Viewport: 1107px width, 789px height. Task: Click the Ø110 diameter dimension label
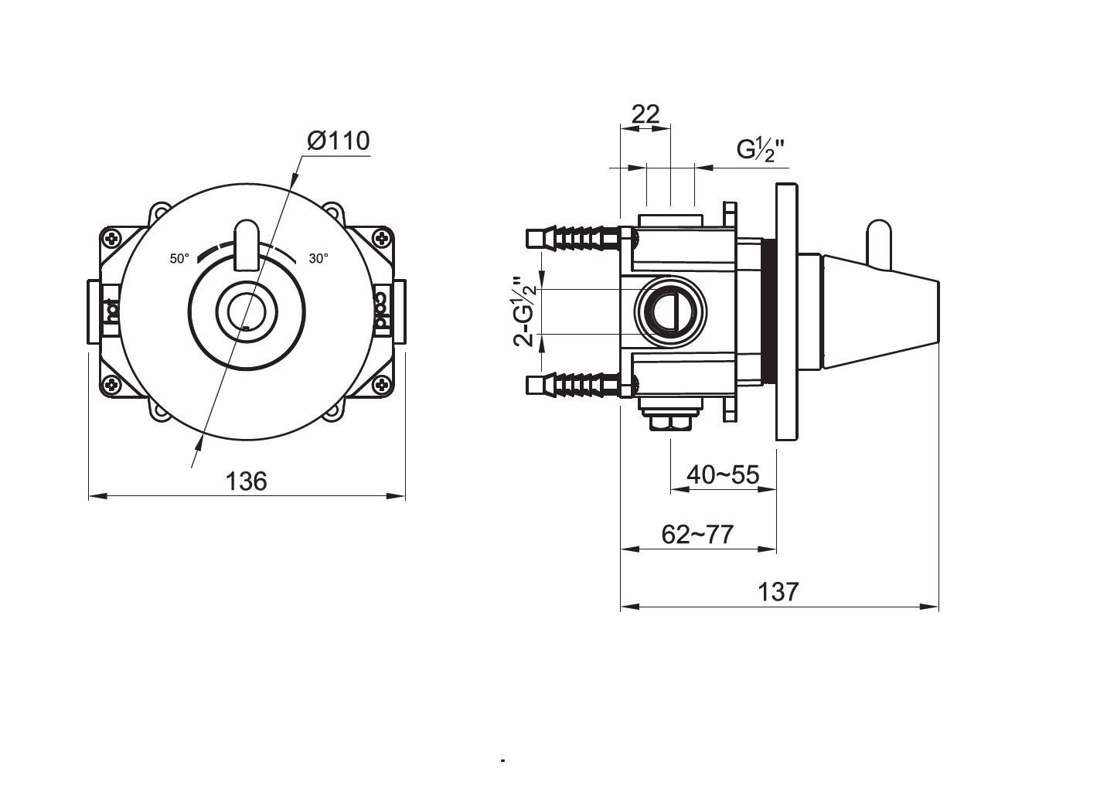point(338,141)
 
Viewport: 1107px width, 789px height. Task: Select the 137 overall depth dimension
point(778,592)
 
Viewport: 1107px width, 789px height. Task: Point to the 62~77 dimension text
point(697,534)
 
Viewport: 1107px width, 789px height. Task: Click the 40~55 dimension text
point(723,474)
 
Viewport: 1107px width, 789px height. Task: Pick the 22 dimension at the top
point(645,114)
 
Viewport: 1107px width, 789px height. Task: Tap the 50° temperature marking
point(179,259)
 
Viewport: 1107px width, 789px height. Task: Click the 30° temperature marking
point(318,259)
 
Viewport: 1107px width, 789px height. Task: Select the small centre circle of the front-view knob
point(247,312)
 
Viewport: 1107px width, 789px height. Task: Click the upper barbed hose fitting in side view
point(572,237)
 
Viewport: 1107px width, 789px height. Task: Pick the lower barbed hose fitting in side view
point(572,384)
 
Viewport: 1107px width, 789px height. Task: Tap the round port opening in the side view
point(669,311)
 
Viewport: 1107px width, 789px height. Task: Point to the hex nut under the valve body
point(669,422)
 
